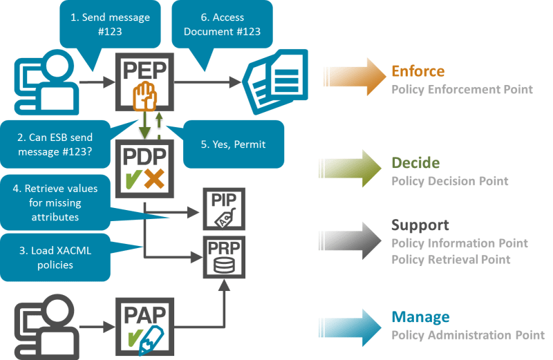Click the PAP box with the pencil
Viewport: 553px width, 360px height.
[x=144, y=325]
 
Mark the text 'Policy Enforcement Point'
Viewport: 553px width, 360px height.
[x=462, y=89]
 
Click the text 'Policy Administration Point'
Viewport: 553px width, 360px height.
[x=467, y=335]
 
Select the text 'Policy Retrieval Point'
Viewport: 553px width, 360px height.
[x=451, y=260]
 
